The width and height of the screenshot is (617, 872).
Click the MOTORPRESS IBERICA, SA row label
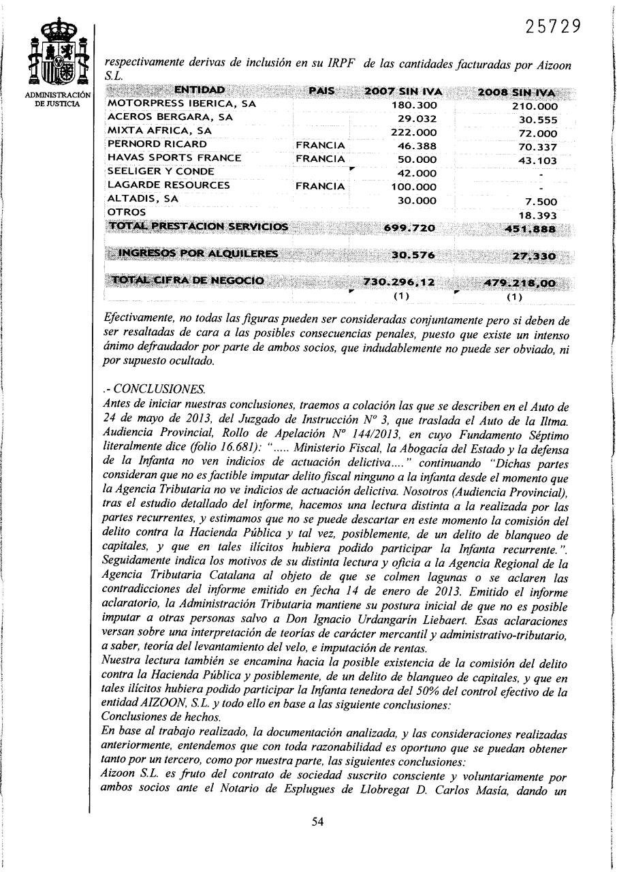(x=182, y=105)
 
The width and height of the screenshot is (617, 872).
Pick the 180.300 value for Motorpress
(x=416, y=106)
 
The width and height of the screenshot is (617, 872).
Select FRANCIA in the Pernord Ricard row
(x=320, y=146)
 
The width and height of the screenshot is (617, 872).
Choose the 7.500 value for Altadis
(x=541, y=202)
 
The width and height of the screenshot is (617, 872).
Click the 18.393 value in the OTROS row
(x=537, y=215)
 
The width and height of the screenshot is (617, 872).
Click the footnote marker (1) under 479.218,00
(x=514, y=296)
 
